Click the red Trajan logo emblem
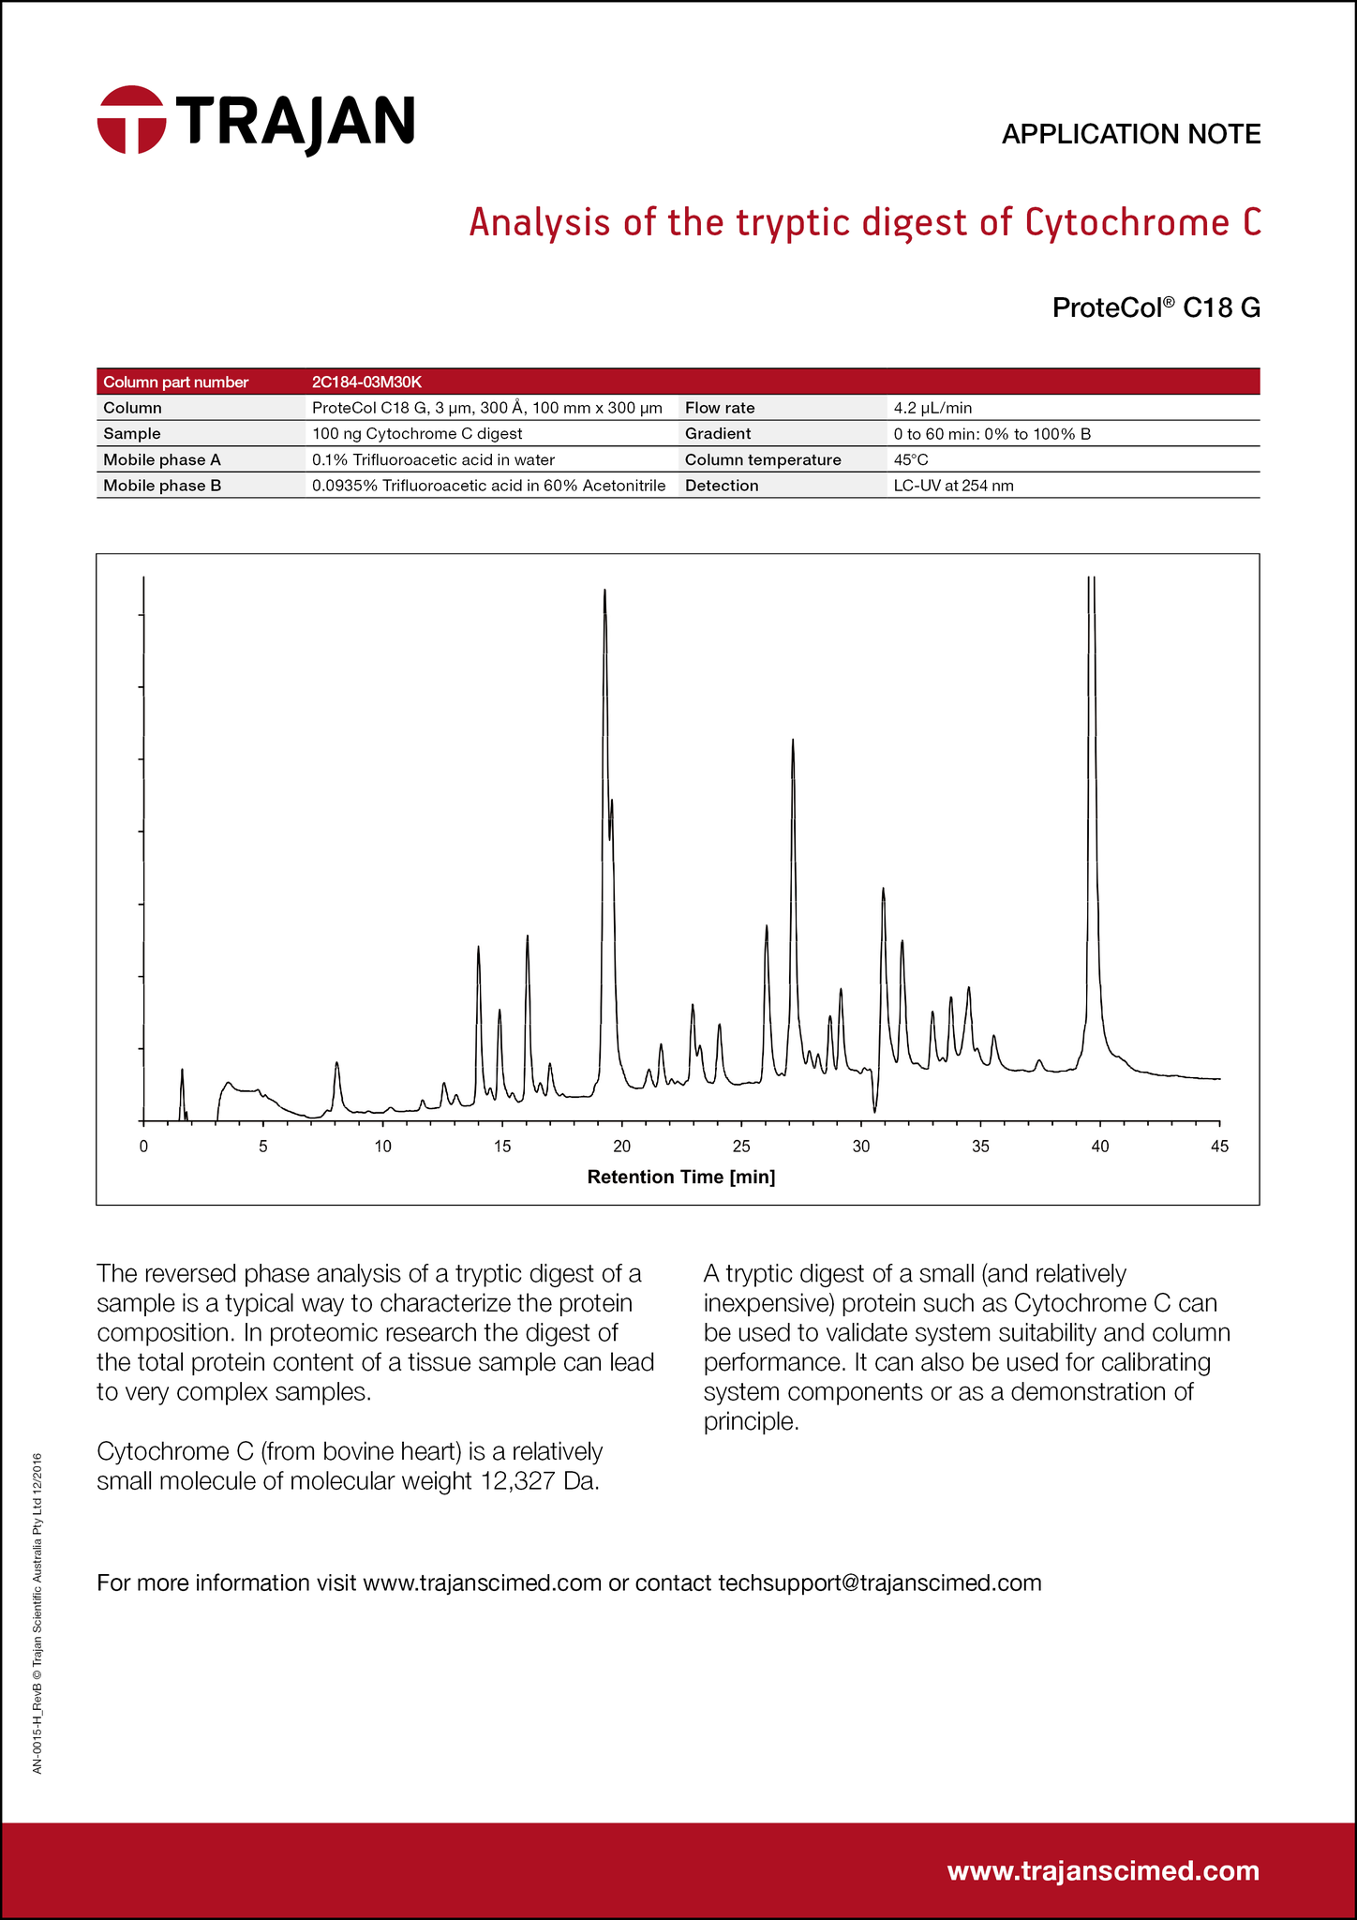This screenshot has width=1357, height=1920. [x=132, y=119]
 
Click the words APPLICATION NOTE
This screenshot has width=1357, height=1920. [x=1130, y=135]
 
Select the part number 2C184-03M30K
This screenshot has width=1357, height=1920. [x=367, y=382]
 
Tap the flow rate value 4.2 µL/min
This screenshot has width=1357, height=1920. [x=933, y=408]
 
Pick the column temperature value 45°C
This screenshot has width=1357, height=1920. [x=911, y=460]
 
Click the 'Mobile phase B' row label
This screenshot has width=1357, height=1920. [x=162, y=486]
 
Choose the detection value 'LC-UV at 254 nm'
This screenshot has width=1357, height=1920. [x=954, y=486]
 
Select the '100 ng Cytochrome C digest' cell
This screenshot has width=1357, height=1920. [x=416, y=434]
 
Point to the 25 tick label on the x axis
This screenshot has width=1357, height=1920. [x=741, y=1146]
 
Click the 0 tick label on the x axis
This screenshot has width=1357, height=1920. [x=143, y=1146]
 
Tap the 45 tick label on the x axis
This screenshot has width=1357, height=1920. [x=1219, y=1146]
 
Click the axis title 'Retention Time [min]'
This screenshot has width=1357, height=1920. [x=680, y=1177]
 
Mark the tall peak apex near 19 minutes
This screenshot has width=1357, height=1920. [x=604, y=591]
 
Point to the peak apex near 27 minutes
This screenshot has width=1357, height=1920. [x=793, y=741]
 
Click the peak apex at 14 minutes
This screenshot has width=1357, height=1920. [x=478, y=948]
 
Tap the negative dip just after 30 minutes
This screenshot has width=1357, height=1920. [x=874, y=1112]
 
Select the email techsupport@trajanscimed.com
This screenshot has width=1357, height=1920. [x=879, y=1582]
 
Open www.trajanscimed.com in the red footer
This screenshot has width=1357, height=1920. [x=1103, y=1870]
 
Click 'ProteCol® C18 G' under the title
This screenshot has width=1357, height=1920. [x=1156, y=307]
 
